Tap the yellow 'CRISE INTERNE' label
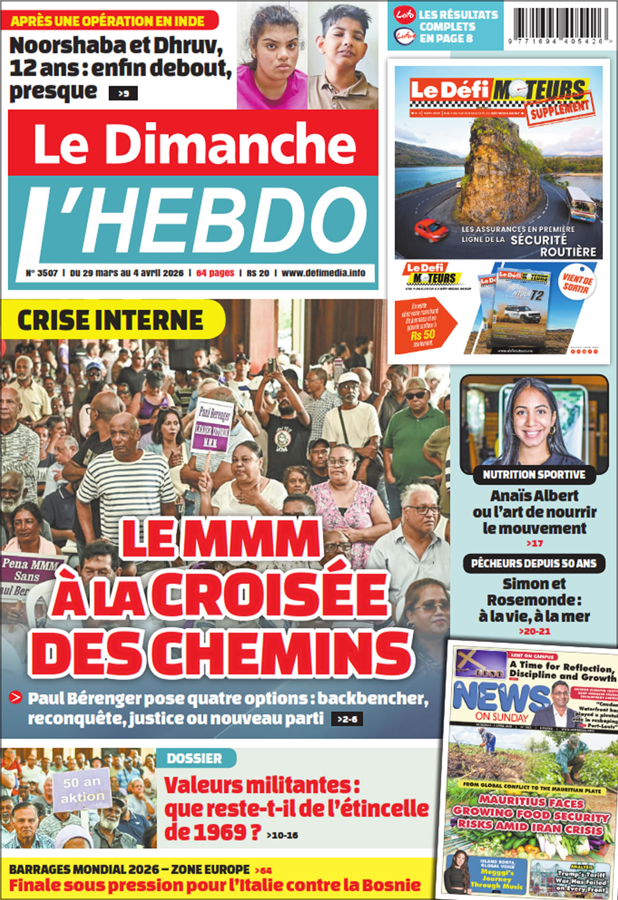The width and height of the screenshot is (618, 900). (x=111, y=320)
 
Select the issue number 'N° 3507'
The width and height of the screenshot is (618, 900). (x=42, y=273)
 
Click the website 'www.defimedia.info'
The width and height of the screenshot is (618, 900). (x=323, y=273)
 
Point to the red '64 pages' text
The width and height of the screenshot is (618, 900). (x=215, y=273)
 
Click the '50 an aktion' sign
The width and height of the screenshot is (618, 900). (x=83, y=790)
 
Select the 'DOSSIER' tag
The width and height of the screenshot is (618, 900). (x=194, y=759)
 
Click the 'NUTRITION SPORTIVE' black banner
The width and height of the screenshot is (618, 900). (x=534, y=475)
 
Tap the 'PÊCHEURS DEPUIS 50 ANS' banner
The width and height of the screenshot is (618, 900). (x=534, y=563)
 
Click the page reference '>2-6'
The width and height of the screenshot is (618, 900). (x=347, y=719)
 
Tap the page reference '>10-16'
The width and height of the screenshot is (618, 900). (x=282, y=835)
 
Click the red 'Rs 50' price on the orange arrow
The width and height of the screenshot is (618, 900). (x=422, y=334)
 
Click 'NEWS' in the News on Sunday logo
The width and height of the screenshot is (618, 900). (x=500, y=696)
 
